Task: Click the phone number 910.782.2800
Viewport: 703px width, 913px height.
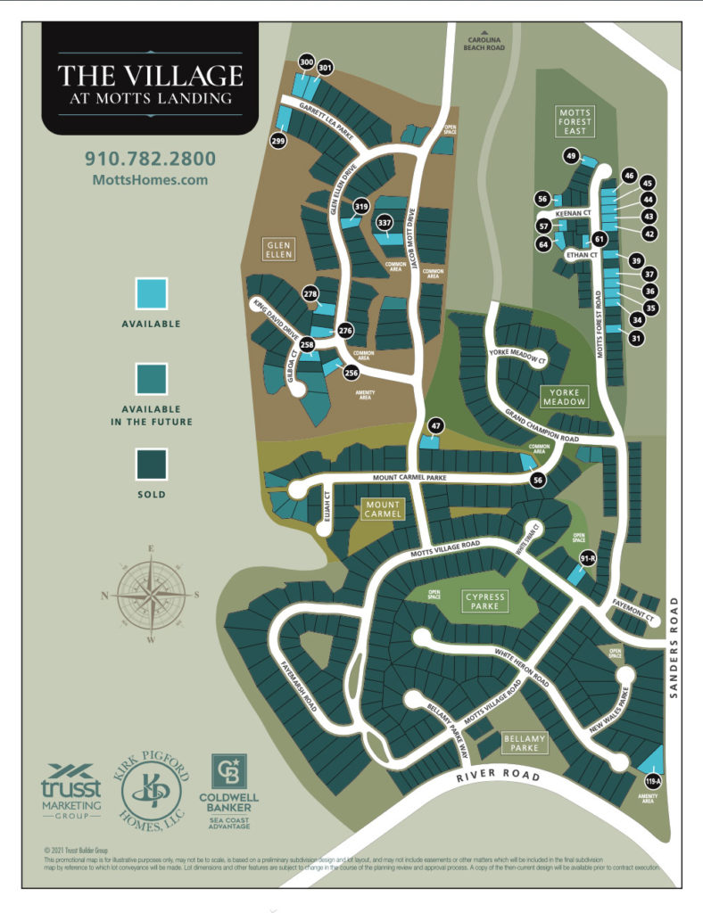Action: click(x=150, y=159)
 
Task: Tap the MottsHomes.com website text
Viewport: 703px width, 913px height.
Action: click(x=150, y=179)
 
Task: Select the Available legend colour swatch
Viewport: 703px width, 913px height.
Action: click(x=150, y=293)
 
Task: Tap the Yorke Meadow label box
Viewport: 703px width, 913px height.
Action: click(x=564, y=396)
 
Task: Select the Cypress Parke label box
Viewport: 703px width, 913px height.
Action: click(x=484, y=601)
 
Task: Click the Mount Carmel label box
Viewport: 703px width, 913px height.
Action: click(x=383, y=508)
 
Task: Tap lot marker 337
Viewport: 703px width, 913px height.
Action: click(x=385, y=222)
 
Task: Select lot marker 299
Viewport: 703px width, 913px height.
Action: click(x=278, y=141)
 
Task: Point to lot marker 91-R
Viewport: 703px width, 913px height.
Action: click(x=587, y=559)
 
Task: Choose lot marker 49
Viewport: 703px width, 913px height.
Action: click(x=572, y=156)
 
